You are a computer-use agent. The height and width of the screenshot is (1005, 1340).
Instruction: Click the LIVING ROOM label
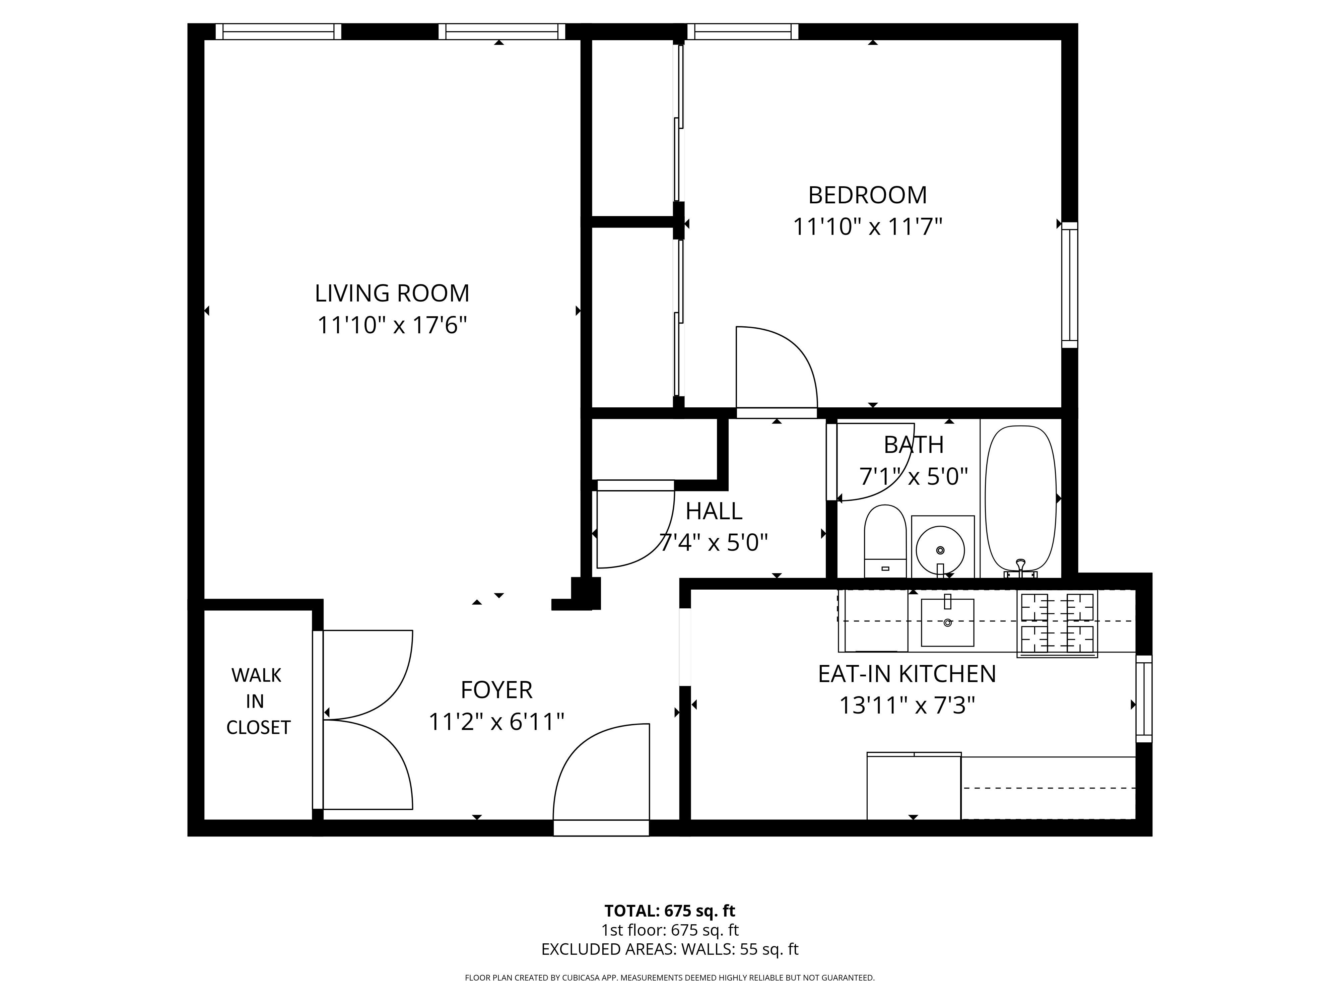[x=392, y=293]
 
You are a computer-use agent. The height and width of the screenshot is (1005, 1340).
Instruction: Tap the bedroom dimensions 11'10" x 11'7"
[x=868, y=227]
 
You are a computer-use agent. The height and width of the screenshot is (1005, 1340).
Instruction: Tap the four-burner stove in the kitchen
[x=1057, y=624]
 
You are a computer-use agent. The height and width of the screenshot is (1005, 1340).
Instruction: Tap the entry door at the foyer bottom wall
[x=601, y=827]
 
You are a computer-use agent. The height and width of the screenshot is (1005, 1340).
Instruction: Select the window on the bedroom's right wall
[x=1070, y=285]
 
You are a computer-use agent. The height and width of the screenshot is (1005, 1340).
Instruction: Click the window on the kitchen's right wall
[x=1143, y=698]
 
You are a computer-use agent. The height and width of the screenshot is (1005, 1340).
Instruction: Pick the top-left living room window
[x=278, y=31]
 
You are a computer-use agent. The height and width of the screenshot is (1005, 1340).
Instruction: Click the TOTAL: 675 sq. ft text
[x=669, y=911]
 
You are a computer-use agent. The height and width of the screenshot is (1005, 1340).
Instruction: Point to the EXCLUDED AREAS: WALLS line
[x=669, y=949]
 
